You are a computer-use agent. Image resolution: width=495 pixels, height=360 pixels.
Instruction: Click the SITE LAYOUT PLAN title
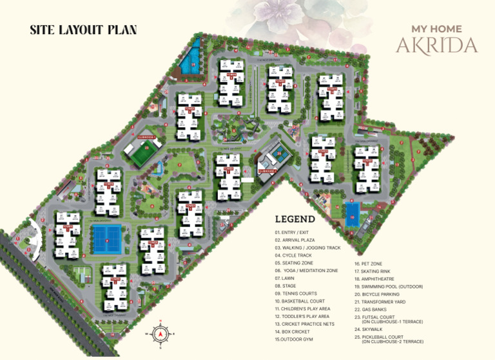click(x=83, y=30)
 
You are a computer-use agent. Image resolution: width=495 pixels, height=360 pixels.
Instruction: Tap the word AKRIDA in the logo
click(x=437, y=46)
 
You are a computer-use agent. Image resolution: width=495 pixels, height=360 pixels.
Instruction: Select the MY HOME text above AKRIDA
click(x=436, y=29)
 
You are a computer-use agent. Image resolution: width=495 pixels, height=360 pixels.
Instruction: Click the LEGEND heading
click(x=295, y=219)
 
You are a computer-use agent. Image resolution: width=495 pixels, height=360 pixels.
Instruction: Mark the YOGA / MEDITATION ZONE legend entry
click(x=307, y=270)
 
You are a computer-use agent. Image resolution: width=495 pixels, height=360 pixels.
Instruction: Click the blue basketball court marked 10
click(x=352, y=213)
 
